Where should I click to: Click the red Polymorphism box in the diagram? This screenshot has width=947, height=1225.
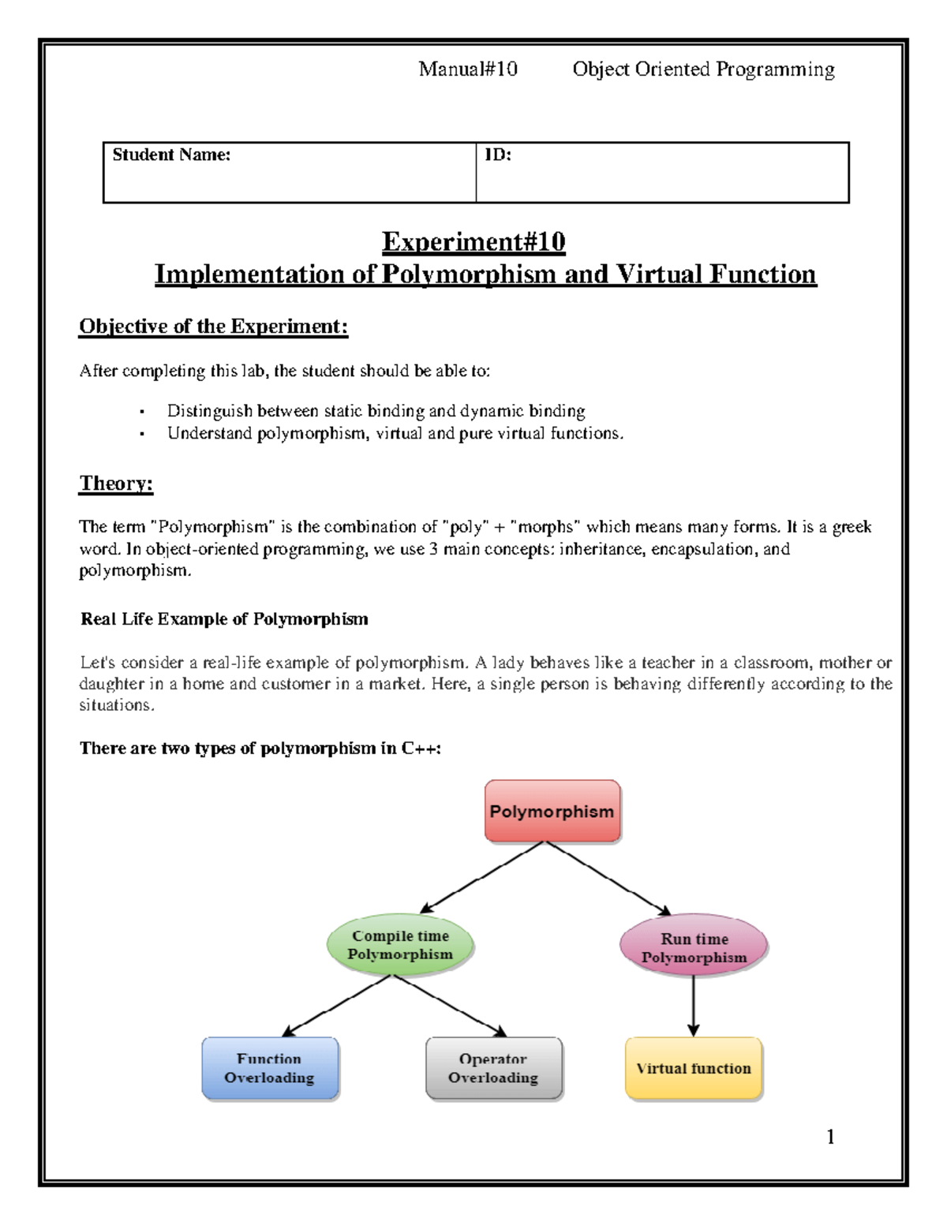552,811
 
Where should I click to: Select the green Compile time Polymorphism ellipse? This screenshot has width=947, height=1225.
400,945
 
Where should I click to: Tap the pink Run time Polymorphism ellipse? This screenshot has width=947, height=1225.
694,947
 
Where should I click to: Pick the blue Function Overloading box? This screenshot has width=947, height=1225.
270,1068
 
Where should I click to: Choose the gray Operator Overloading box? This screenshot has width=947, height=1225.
494,1068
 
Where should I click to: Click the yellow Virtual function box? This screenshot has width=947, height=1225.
694,1068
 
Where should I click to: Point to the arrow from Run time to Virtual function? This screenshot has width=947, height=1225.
693,1006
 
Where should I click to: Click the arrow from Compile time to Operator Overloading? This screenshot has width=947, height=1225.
450,1006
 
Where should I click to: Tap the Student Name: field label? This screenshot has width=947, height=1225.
171,155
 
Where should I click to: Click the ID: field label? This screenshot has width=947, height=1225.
498,155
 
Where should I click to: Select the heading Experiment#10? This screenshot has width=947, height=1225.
473,241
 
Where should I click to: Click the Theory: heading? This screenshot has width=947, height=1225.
116,483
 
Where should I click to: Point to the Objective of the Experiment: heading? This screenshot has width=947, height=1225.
213,327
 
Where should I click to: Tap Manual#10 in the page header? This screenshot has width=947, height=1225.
468,69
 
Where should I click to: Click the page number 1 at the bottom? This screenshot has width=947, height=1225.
830,1136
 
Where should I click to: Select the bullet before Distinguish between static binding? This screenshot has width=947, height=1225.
142,412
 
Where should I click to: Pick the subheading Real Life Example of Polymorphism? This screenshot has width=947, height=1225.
224,619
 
